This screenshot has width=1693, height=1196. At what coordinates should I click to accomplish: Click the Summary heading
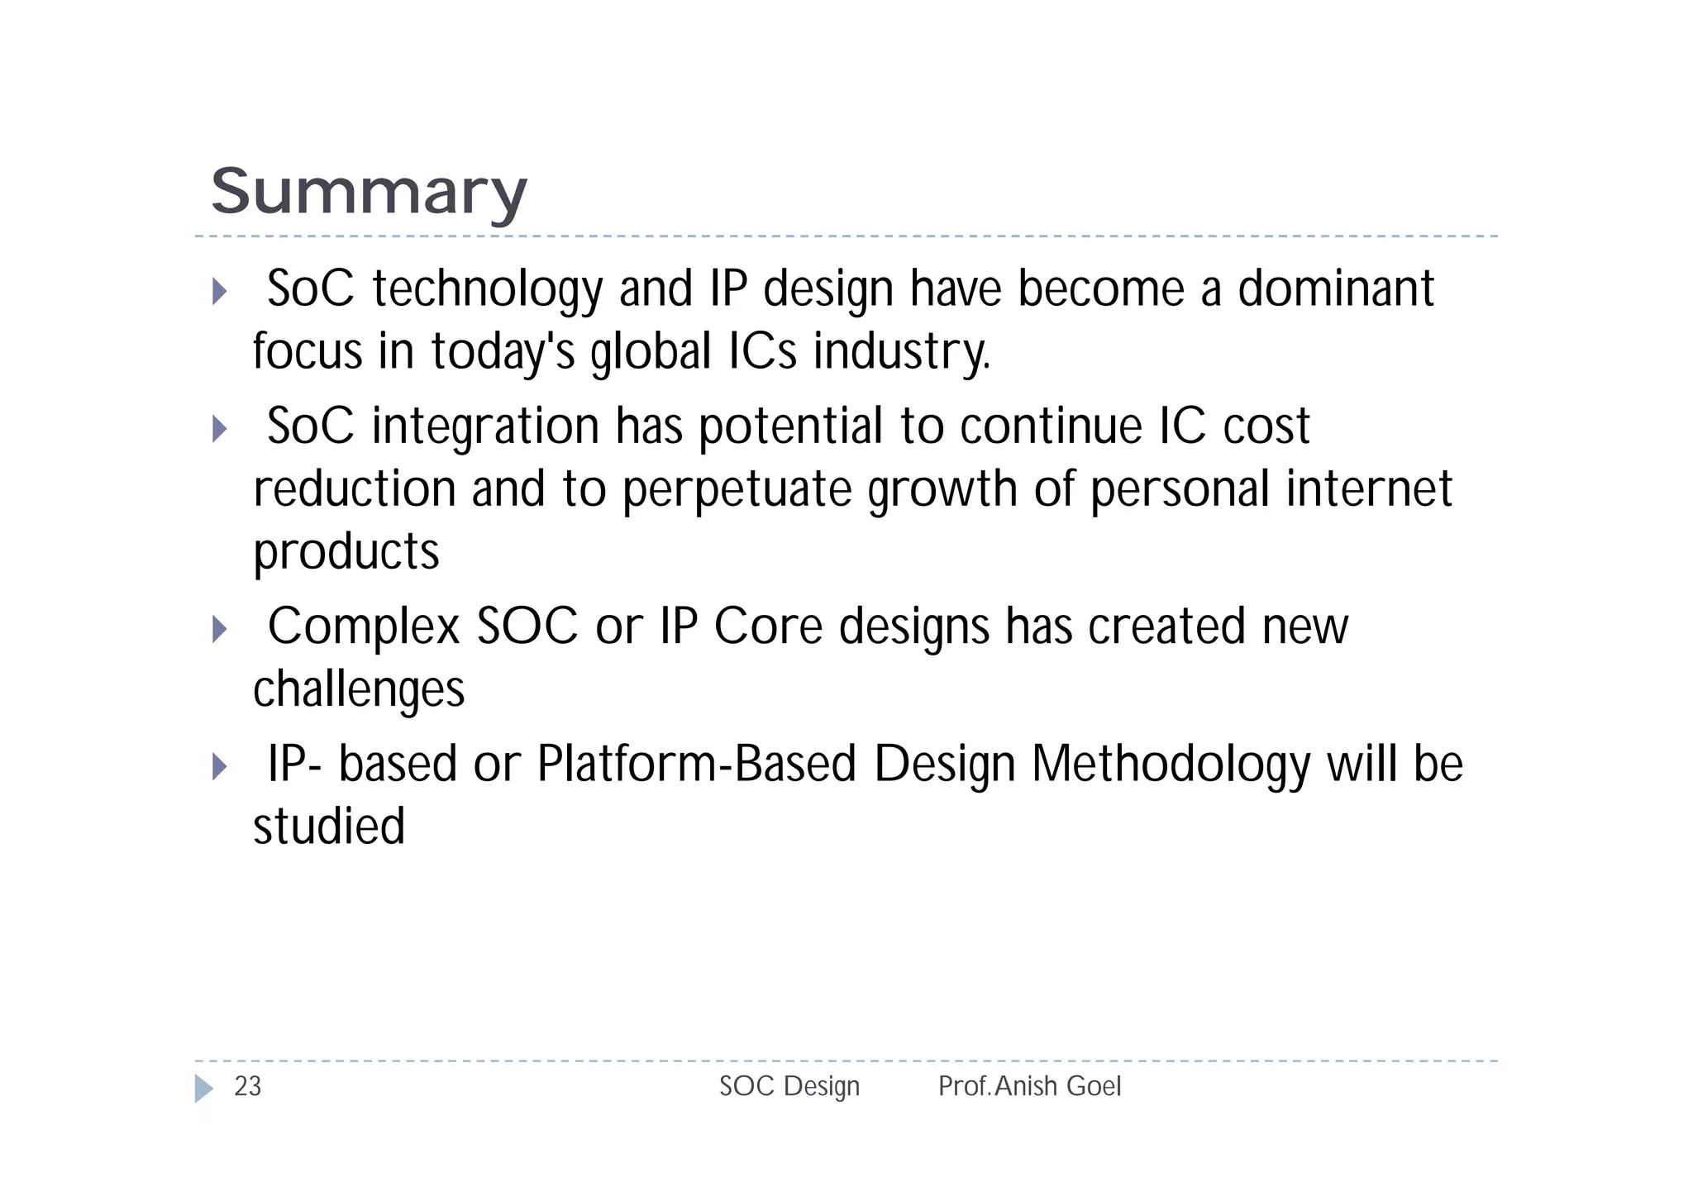click(x=368, y=192)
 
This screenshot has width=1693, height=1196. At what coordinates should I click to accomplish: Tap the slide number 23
click(x=247, y=1086)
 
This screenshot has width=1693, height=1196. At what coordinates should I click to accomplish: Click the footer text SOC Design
click(x=789, y=1086)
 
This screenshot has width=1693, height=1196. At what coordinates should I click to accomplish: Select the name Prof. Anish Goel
click(x=1029, y=1086)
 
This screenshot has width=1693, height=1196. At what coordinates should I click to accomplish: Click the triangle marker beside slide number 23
click(x=203, y=1088)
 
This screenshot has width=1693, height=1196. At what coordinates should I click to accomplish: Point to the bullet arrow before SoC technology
click(x=219, y=291)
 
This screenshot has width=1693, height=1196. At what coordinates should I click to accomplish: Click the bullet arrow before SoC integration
click(x=219, y=428)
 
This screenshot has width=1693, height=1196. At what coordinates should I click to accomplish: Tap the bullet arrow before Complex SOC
click(x=219, y=629)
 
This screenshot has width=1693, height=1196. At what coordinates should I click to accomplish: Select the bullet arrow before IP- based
click(x=219, y=766)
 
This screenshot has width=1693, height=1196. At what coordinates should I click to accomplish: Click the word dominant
click(x=1335, y=288)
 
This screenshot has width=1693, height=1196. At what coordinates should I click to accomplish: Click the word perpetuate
click(x=736, y=489)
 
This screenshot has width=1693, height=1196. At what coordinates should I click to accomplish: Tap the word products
click(x=346, y=552)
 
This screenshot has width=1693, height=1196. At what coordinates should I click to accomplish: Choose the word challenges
click(x=358, y=690)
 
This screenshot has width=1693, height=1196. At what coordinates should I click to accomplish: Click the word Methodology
click(x=1171, y=765)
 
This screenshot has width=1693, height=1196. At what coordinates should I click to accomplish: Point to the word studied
click(x=328, y=826)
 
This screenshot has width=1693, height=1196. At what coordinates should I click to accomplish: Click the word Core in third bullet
click(x=768, y=627)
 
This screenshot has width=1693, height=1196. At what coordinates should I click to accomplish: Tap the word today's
click(x=503, y=352)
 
